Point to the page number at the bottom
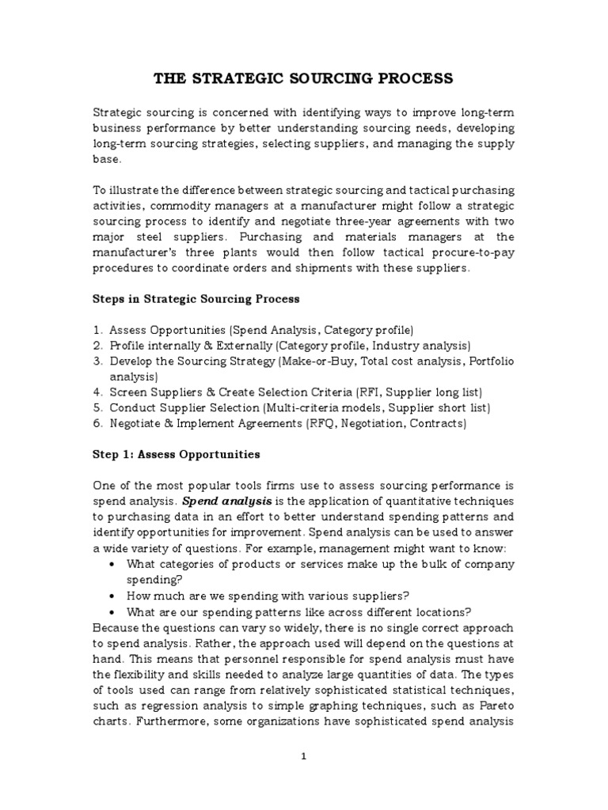pos(304,756)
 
